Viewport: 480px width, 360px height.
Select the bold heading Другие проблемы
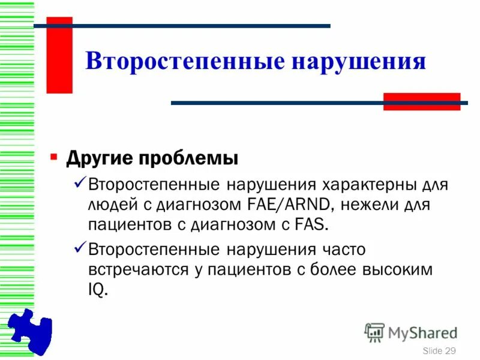[x=152, y=159]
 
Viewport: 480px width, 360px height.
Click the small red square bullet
[x=54, y=158]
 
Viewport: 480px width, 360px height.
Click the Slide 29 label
[x=439, y=350]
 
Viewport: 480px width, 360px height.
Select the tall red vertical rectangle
[x=59, y=55]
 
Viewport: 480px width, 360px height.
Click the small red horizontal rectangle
[x=421, y=101]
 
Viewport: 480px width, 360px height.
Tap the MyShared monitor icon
[x=374, y=332]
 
